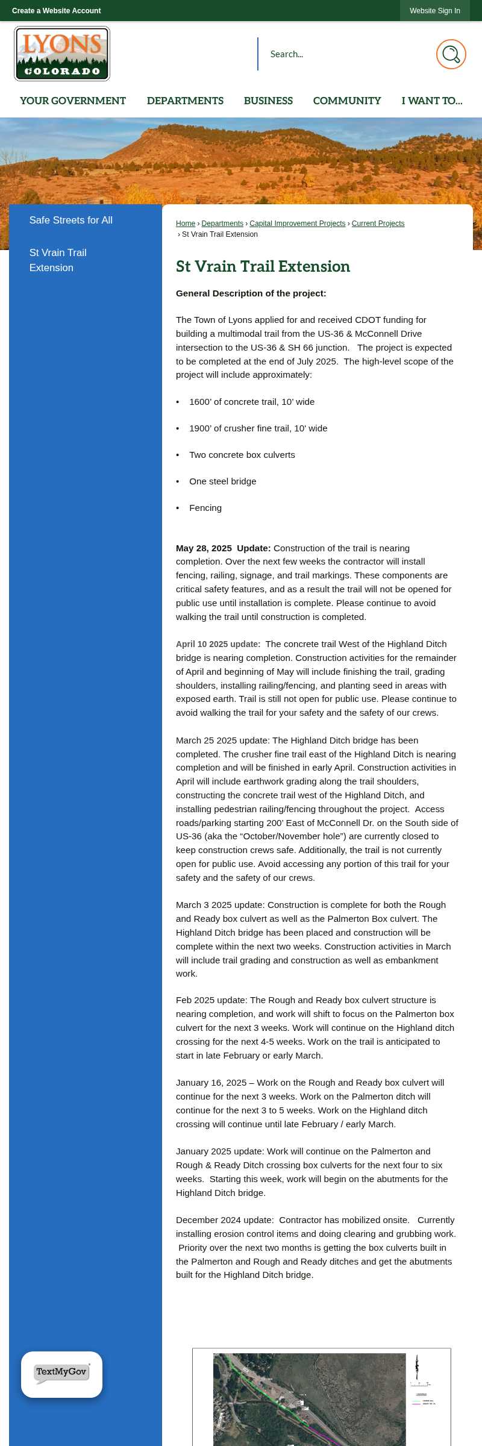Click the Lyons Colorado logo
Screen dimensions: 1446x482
click(x=62, y=54)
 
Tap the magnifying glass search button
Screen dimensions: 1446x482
click(x=451, y=54)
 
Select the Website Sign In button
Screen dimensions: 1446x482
click(x=434, y=11)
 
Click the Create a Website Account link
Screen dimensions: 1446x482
click(x=57, y=11)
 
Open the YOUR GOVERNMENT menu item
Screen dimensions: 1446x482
click(x=73, y=101)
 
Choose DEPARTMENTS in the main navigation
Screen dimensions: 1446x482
click(x=185, y=101)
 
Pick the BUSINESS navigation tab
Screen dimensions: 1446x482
click(x=268, y=101)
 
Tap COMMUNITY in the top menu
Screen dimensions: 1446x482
click(x=347, y=101)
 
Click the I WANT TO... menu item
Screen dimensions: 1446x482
click(x=432, y=101)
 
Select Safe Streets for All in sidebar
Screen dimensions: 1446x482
click(x=71, y=221)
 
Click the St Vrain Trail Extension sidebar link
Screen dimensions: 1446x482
click(x=58, y=260)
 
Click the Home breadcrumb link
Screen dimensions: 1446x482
click(x=186, y=224)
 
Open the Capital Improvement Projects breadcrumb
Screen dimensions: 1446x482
click(x=298, y=224)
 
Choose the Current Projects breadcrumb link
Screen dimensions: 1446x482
click(x=378, y=224)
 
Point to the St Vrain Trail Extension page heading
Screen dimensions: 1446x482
click(x=263, y=266)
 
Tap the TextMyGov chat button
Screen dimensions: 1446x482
click(x=61, y=1374)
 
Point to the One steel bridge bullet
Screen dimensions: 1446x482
click(x=222, y=481)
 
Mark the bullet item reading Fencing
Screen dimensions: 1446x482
click(x=205, y=508)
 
